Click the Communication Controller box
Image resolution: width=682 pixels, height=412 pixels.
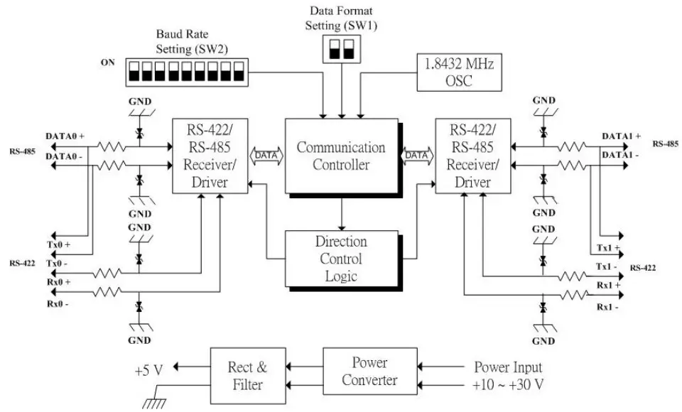[341, 156]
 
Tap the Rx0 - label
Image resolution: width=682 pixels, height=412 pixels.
[58, 305]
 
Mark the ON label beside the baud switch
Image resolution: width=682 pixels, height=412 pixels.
[108, 63]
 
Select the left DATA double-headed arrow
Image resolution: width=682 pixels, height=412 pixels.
[266, 154]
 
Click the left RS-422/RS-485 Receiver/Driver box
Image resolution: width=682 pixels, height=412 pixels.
[210, 156]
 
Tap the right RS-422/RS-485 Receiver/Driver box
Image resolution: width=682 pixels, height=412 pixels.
[473, 156]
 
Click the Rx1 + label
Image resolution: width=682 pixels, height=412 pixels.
[608, 285]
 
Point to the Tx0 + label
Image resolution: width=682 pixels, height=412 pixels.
[59, 244]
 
